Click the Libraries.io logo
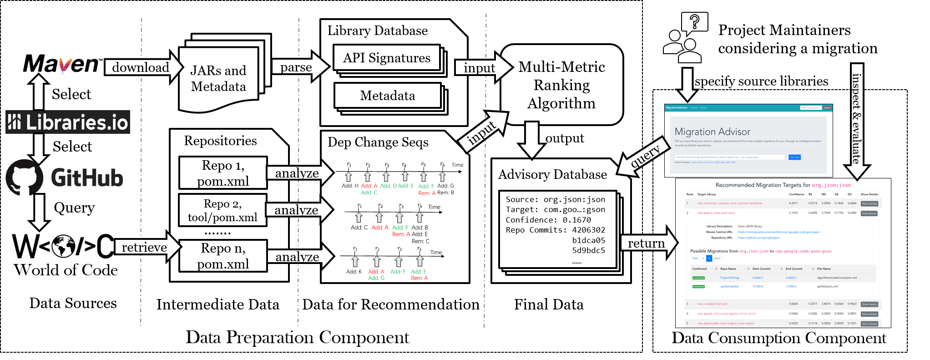click(68, 122)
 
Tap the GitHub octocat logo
click(24, 177)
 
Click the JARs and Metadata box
click(219, 78)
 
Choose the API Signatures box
click(387, 58)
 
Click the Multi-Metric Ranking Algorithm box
click(561, 85)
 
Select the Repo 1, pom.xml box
click(223, 173)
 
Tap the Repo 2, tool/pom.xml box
click(222, 210)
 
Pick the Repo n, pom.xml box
click(223, 256)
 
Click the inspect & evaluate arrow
click(857, 121)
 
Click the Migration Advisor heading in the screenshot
click(712, 132)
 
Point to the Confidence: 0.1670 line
click(548, 220)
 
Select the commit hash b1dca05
click(588, 240)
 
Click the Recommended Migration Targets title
click(783, 185)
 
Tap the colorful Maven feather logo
click(65, 66)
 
